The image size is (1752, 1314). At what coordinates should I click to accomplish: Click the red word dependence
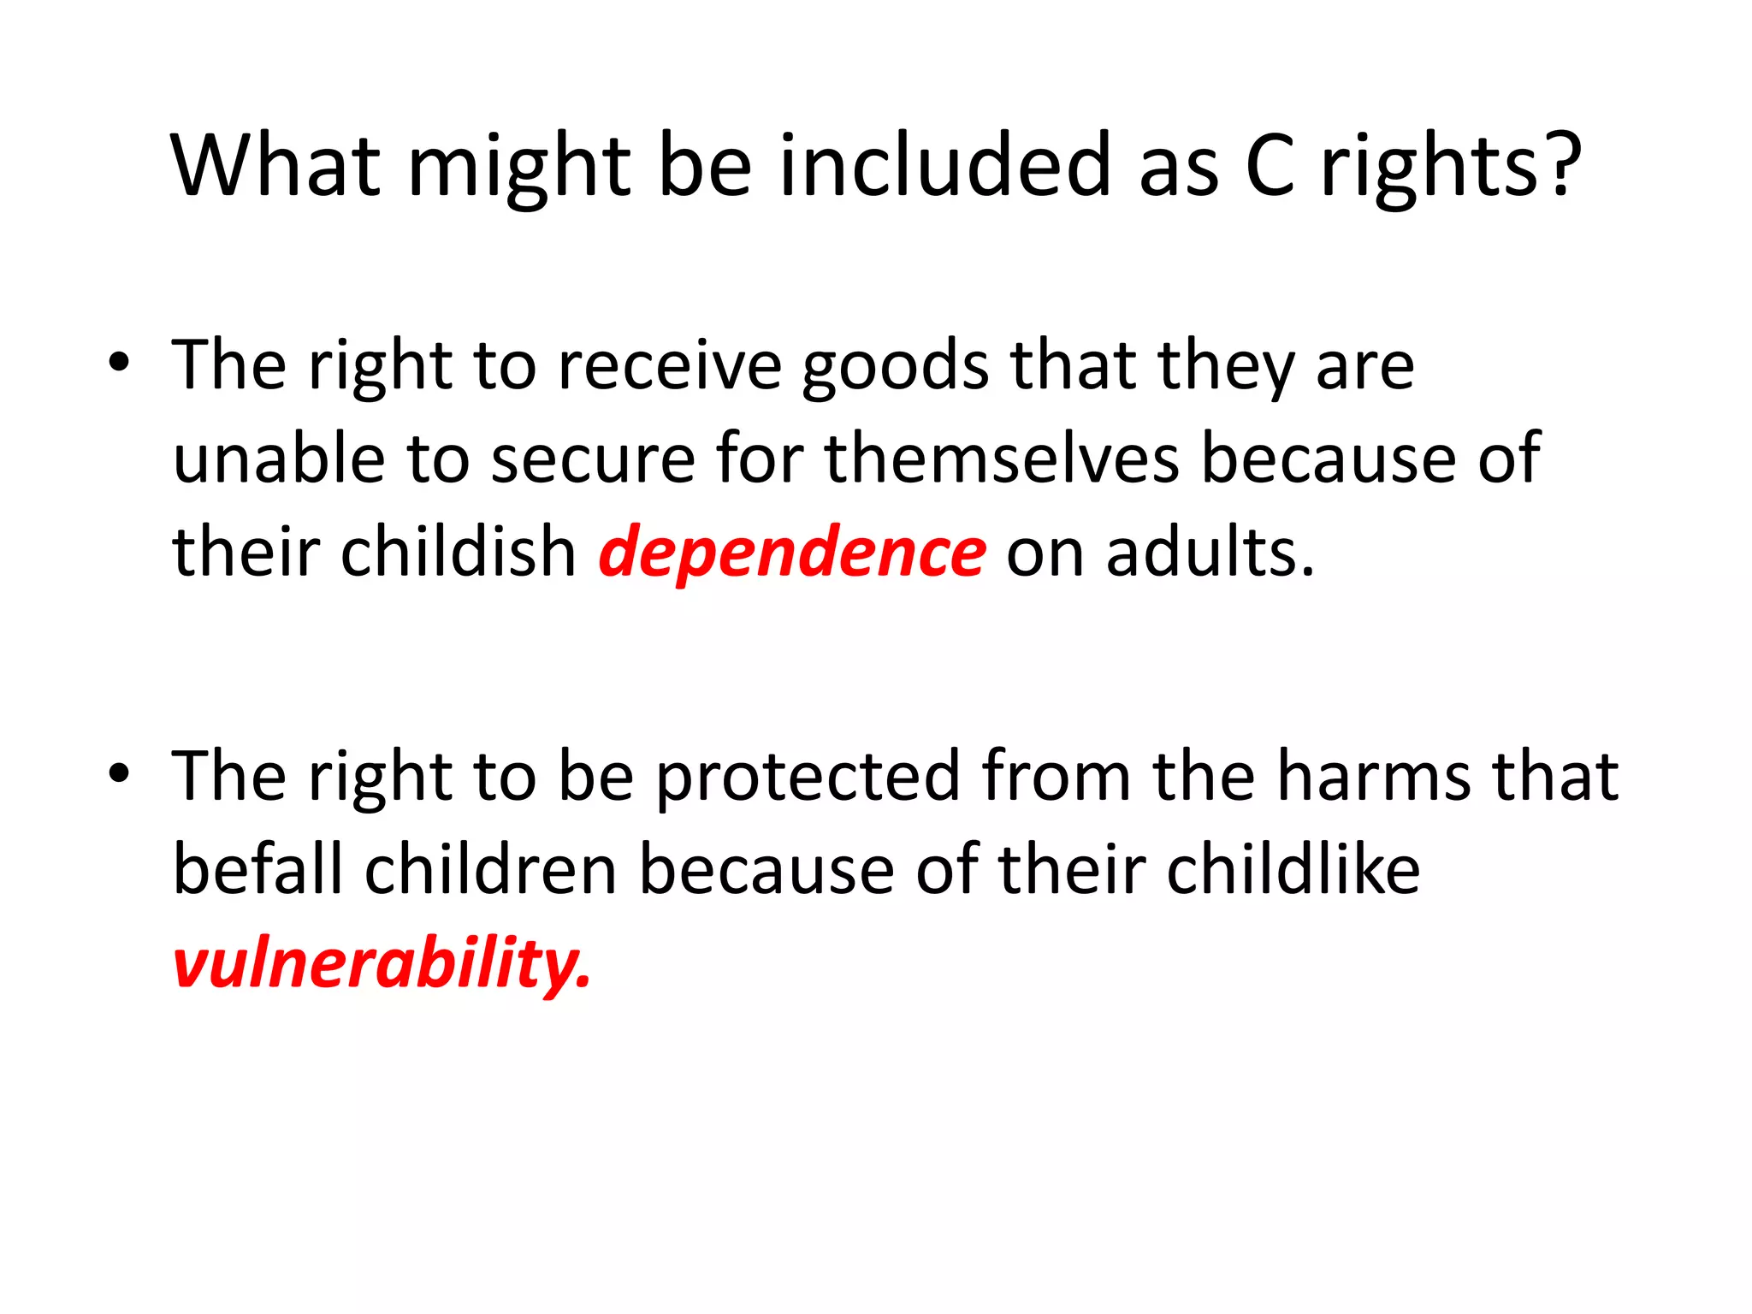[x=792, y=553]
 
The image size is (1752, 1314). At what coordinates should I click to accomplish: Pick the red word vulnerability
[x=381, y=963]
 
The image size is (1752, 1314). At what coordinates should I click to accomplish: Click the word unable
[x=279, y=459]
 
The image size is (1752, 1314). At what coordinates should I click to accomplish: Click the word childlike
[x=1293, y=870]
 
